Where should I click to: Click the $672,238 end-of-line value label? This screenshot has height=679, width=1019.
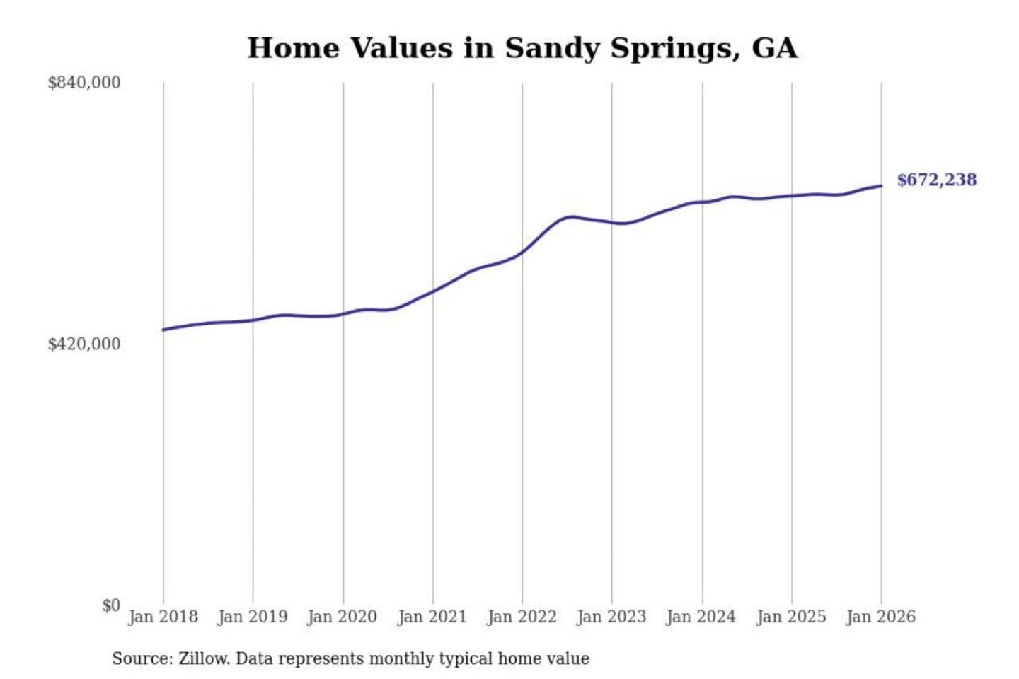click(936, 180)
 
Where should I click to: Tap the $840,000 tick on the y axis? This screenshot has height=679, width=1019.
click(84, 83)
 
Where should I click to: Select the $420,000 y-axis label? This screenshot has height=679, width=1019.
click(84, 344)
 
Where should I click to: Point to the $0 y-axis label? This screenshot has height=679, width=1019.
click(111, 605)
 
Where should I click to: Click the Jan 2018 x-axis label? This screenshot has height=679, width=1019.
click(163, 617)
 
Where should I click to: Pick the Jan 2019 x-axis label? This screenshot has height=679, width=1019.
click(253, 617)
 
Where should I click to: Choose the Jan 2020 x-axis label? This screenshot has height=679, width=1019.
click(342, 617)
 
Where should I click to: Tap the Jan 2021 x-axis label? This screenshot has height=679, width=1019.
click(432, 617)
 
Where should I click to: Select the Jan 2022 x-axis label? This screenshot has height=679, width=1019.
click(522, 617)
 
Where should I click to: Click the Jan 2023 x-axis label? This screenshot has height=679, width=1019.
click(611, 617)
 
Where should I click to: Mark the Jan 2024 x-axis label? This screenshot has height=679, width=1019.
click(701, 617)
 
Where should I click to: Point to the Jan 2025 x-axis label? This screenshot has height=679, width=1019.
click(791, 617)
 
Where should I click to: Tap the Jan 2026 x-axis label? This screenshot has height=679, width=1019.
click(881, 617)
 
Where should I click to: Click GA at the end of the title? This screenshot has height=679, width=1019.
click(774, 48)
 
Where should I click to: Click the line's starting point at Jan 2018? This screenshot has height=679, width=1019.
click(163, 330)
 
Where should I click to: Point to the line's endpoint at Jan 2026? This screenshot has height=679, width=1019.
click(881, 186)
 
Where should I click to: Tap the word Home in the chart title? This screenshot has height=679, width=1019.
click(293, 48)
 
